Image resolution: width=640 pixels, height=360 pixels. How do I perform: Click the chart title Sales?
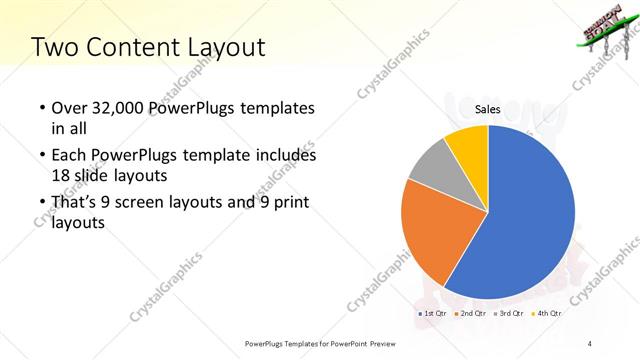click(x=487, y=108)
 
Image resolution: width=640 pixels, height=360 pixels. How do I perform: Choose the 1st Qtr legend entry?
click(x=433, y=314)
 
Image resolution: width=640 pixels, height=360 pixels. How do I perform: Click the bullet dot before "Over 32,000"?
click(x=39, y=108)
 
